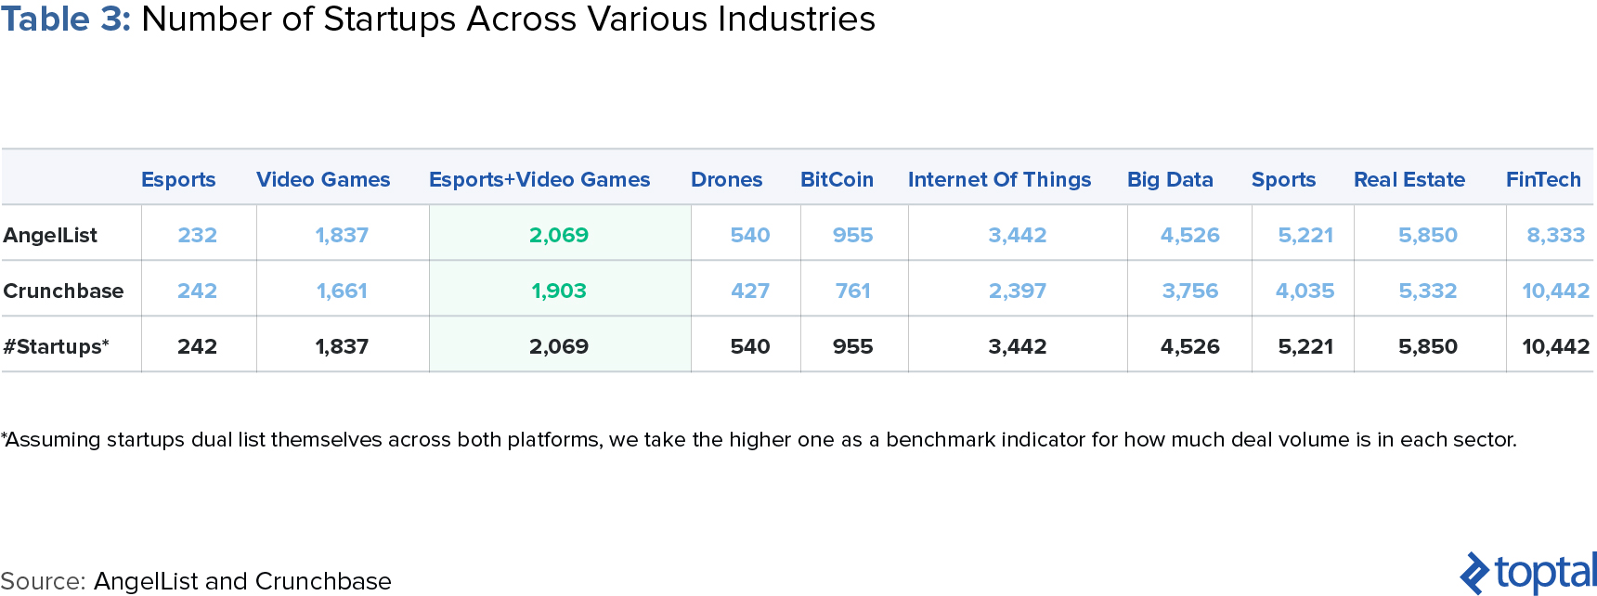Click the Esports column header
point(178,179)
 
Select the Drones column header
point(726,179)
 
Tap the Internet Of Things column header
point(999,179)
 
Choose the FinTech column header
point(1543,179)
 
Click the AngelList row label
point(50,235)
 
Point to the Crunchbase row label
point(63,291)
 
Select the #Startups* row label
point(56,346)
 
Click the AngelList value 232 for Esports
point(197,235)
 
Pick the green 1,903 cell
point(559,291)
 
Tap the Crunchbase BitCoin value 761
point(852,291)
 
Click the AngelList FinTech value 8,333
point(1555,235)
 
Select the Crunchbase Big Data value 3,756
point(1189,291)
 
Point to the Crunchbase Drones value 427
point(749,291)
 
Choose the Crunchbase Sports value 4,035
point(1305,291)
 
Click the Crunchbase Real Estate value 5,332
point(1427,291)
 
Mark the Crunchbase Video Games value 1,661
point(342,291)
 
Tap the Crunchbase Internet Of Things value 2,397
point(1017,291)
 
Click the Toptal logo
point(1528,573)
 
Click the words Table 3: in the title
point(65,19)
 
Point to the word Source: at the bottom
point(43,581)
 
